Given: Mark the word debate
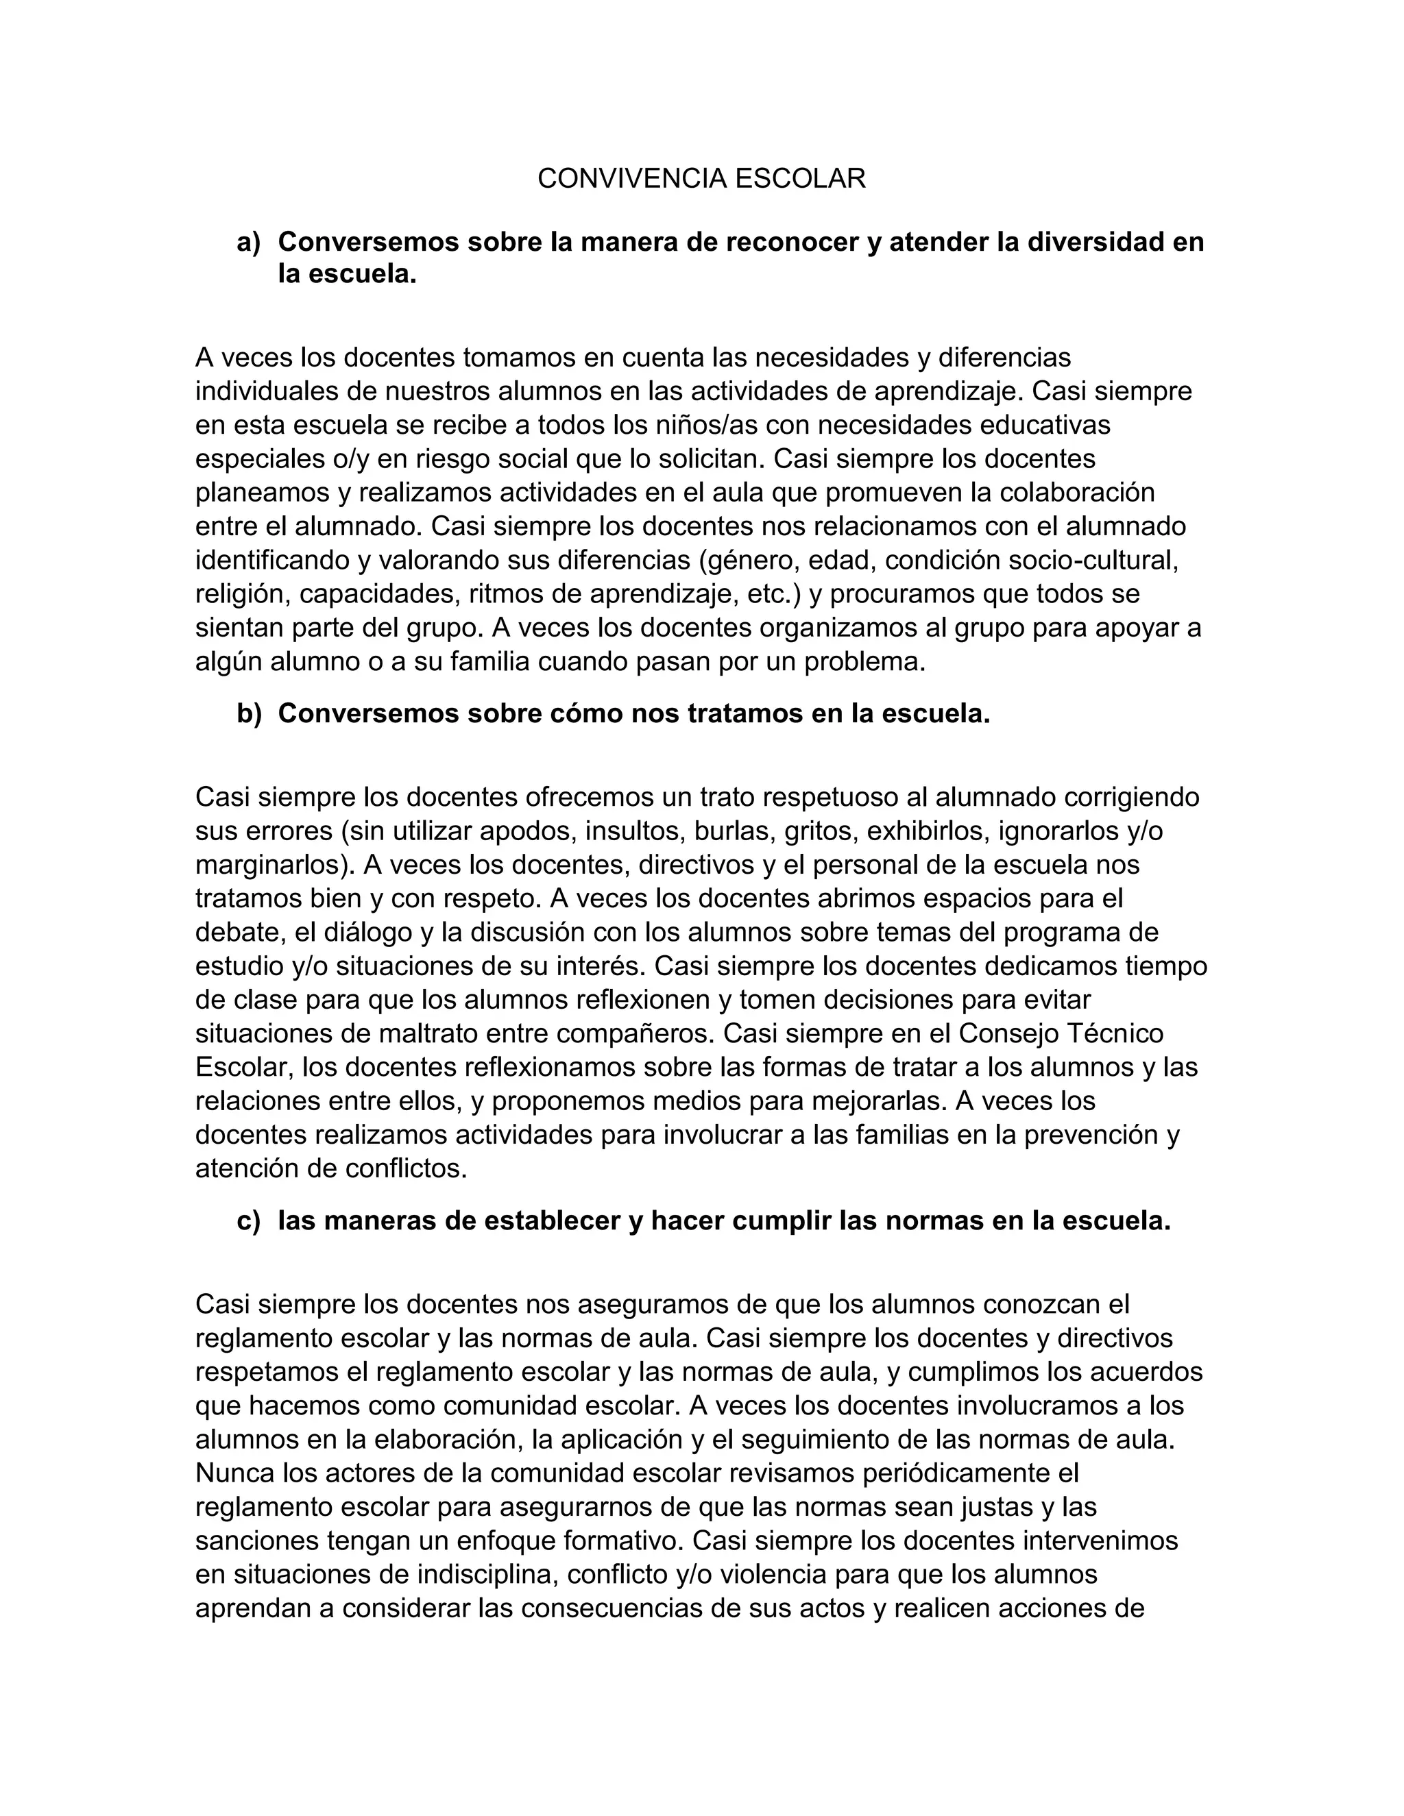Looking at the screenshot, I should point(237,933).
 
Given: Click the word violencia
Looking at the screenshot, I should point(782,1575).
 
